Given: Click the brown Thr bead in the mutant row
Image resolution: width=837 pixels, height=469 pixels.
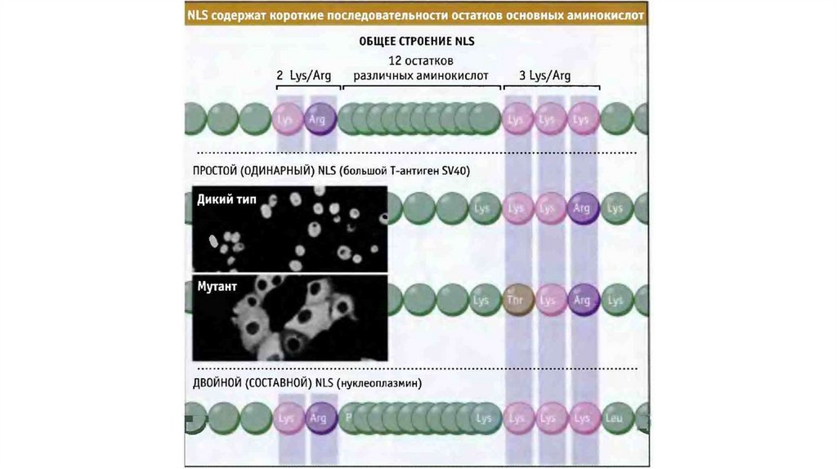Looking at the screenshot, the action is point(516,300).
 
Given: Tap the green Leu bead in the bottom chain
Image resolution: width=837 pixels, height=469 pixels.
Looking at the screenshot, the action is point(615,418).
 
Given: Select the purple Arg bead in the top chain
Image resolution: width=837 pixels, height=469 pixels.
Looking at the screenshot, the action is point(319,118).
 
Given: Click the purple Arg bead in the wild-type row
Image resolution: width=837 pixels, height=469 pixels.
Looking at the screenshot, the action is point(583,208).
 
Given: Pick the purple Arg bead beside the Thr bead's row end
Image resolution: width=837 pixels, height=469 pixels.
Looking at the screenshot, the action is point(583,300).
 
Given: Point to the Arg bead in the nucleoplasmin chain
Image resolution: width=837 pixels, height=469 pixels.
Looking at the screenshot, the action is point(318,418).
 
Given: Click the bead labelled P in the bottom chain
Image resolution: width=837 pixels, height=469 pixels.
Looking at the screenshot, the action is point(349,417).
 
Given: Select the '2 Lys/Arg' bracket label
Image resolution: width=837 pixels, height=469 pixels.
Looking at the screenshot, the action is point(304,76).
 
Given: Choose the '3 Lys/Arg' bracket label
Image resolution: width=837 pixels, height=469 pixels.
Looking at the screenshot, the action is point(544,76).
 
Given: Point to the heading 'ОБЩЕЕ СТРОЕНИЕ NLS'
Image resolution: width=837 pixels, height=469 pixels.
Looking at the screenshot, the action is point(417,41).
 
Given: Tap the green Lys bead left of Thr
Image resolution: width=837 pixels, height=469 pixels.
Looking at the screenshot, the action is point(481,300).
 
